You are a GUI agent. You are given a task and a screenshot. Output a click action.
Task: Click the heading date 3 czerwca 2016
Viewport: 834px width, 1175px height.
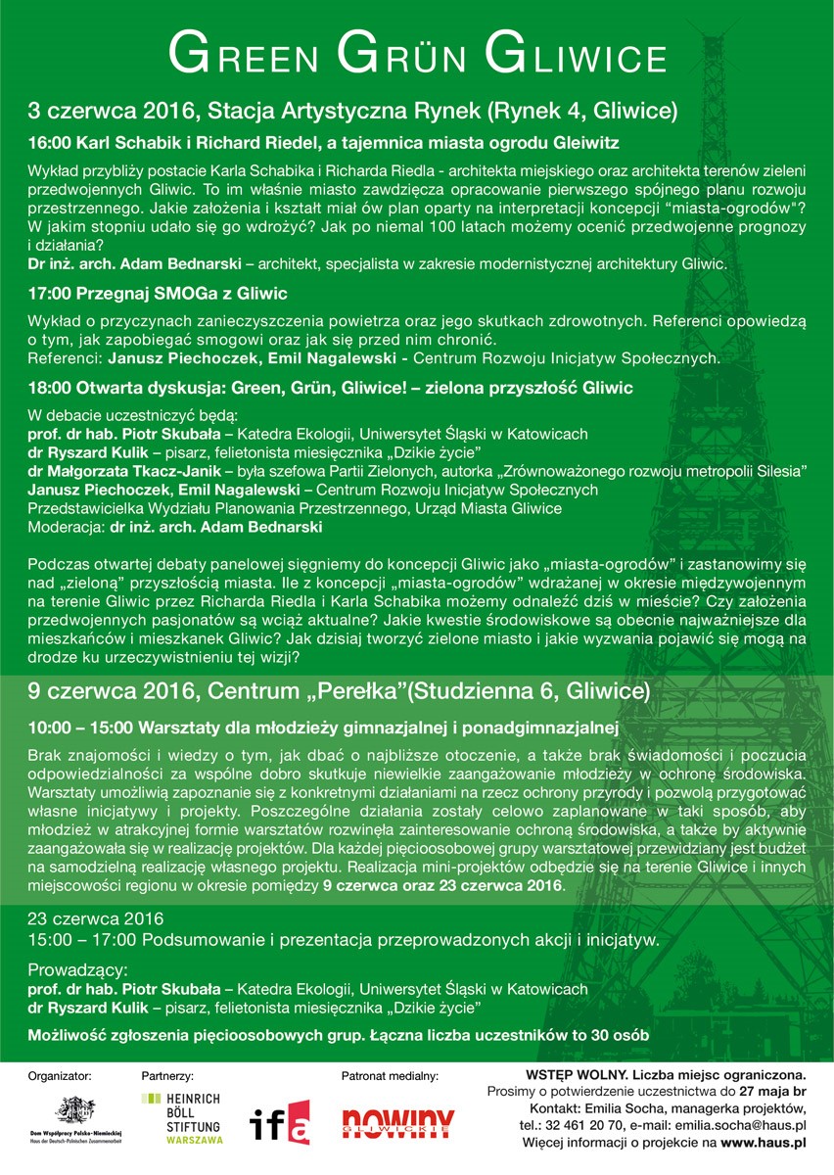(x=111, y=108)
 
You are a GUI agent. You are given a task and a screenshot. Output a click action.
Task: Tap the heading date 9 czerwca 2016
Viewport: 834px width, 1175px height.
(x=111, y=691)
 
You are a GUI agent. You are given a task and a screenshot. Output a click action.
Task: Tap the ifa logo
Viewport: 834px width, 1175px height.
(x=281, y=1121)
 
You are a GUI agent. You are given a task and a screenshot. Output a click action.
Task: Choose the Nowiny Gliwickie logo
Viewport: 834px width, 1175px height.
(x=398, y=1122)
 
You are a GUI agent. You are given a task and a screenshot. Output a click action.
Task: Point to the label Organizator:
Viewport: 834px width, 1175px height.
(x=61, y=1075)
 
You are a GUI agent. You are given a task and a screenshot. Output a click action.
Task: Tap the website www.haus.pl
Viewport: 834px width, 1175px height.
(x=763, y=1142)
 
